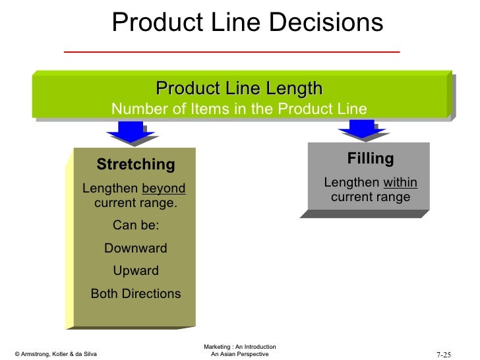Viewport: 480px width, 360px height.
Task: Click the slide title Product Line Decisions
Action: pyautogui.click(x=247, y=23)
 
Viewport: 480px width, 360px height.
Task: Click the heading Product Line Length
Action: pyautogui.click(x=239, y=88)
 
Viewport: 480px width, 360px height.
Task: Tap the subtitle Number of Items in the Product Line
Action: pyautogui.click(x=239, y=109)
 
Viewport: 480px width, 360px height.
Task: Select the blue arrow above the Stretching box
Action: pyautogui.click(x=135, y=132)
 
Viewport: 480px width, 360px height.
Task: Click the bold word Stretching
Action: pyautogui.click(x=135, y=164)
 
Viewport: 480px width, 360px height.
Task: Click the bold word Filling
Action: pyautogui.click(x=370, y=159)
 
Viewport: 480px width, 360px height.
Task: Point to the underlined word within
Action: pyautogui.click(x=400, y=183)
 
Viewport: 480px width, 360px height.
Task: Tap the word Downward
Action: pyautogui.click(x=135, y=249)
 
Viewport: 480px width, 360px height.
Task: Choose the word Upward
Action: pyautogui.click(x=135, y=271)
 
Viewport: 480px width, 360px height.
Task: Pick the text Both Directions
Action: pyautogui.click(x=135, y=294)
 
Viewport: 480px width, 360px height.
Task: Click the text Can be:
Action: pyautogui.click(x=135, y=226)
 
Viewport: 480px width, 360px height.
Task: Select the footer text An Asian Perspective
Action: pyautogui.click(x=239, y=355)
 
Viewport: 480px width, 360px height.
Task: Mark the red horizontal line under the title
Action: pyautogui.click(x=231, y=51)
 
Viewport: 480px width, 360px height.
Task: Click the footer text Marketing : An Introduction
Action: pyautogui.click(x=239, y=347)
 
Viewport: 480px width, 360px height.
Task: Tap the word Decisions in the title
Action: pyautogui.click(x=334, y=23)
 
